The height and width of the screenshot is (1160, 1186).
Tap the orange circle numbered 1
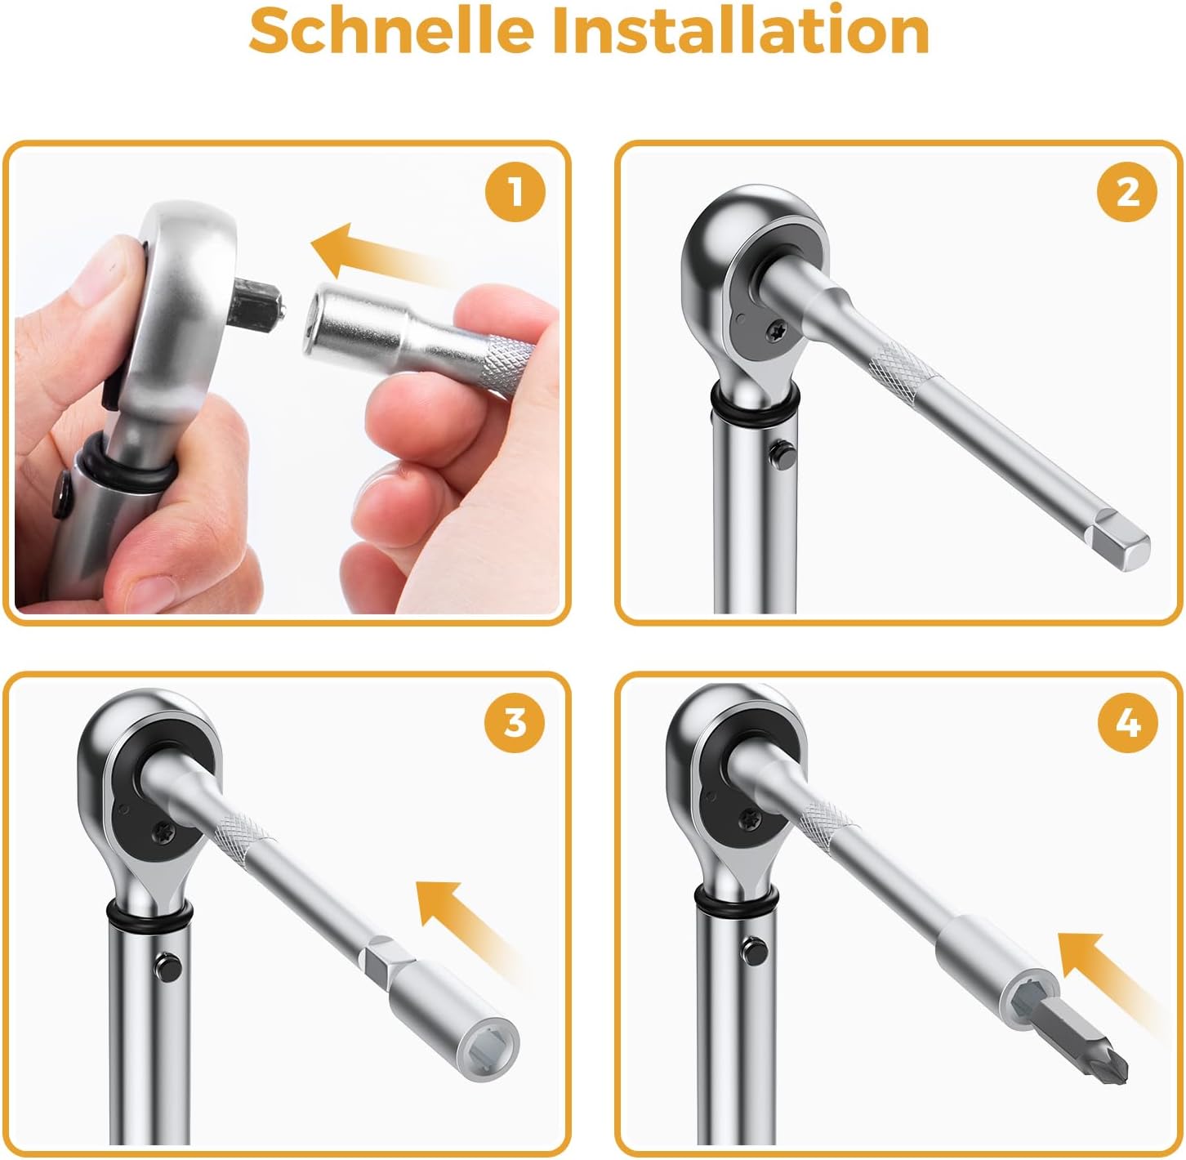click(x=515, y=194)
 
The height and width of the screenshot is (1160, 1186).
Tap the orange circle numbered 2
click(x=1127, y=194)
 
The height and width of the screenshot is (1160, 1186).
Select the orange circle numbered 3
click(x=515, y=723)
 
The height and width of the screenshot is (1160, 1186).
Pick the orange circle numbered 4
click(x=1127, y=723)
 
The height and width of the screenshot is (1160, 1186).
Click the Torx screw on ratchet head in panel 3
click(x=163, y=829)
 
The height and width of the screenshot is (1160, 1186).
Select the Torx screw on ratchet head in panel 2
click(x=777, y=330)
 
